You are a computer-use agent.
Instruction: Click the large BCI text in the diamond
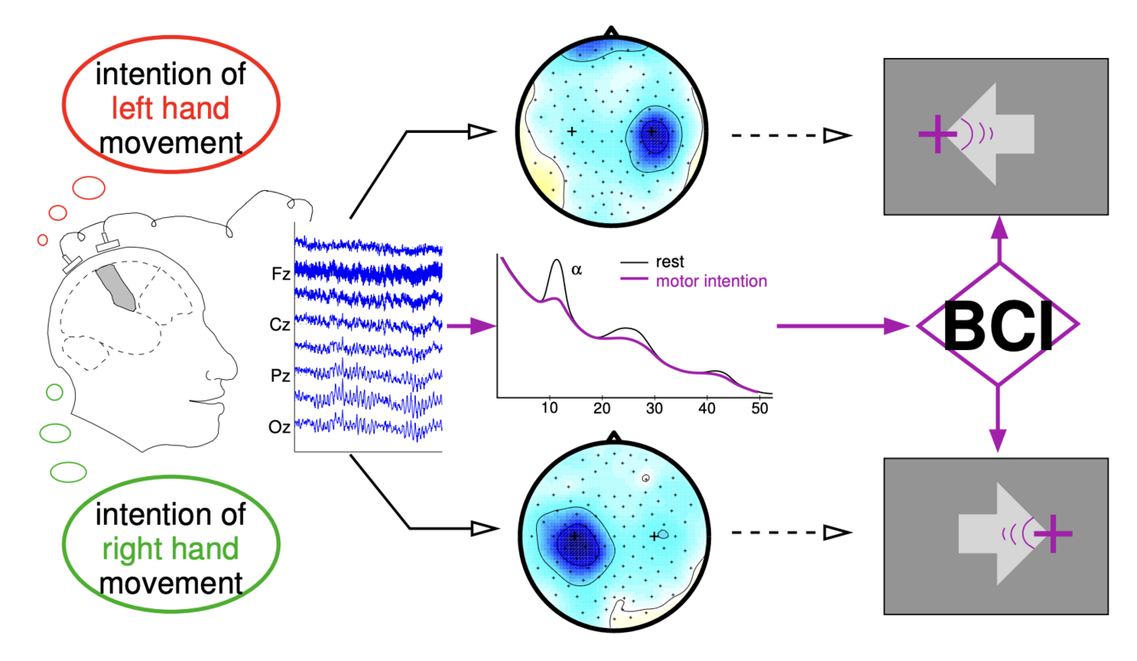point(998,327)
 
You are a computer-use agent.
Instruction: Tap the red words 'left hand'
point(170,108)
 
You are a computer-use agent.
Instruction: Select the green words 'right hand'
point(170,549)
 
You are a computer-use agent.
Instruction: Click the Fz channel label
point(278,274)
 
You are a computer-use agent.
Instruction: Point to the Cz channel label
point(278,325)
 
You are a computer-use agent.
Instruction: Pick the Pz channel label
point(278,376)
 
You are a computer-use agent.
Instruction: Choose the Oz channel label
point(278,427)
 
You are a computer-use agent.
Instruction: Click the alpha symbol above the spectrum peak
point(576,269)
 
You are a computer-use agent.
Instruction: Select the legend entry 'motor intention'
point(711,281)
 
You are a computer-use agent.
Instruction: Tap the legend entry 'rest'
point(670,262)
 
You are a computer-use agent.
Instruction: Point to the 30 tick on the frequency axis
point(655,408)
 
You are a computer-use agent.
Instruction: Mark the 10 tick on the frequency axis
point(549,408)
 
